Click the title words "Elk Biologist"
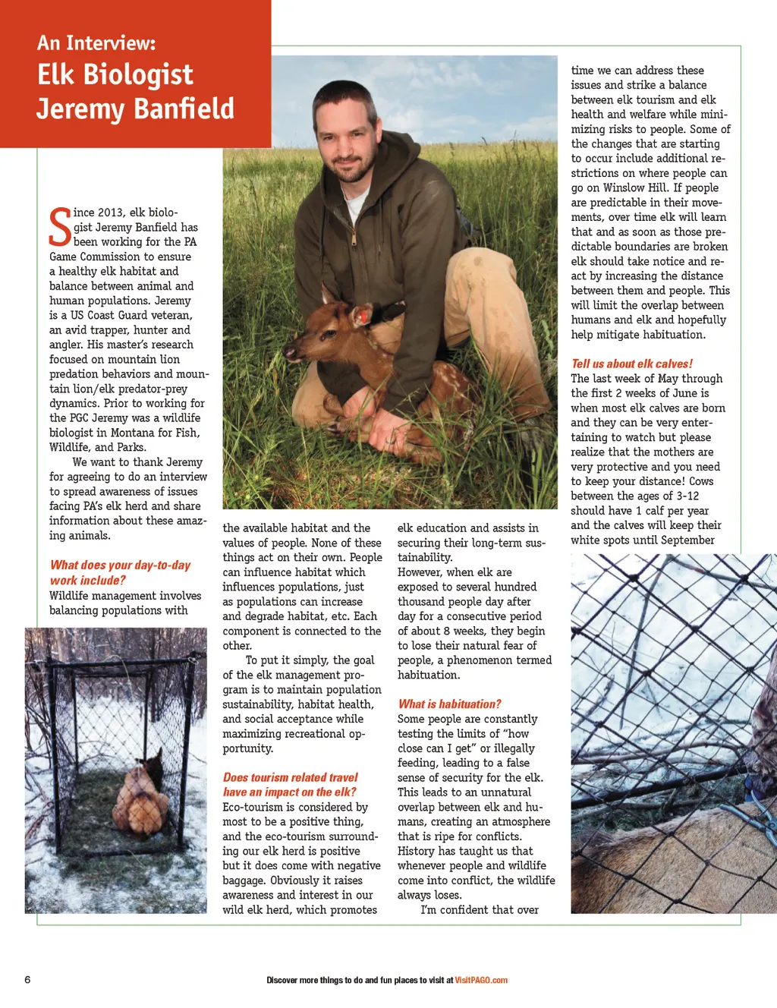click(115, 74)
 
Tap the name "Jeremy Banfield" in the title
click(136, 109)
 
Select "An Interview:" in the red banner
click(96, 43)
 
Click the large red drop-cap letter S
click(60, 227)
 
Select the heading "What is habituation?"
click(449, 704)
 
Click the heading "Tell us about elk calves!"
click(631, 364)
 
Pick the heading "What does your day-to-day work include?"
click(120, 572)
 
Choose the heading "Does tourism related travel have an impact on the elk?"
click(290, 784)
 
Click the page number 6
click(28, 979)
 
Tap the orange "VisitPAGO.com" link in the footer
click(481, 980)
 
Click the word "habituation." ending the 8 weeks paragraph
click(429, 675)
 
